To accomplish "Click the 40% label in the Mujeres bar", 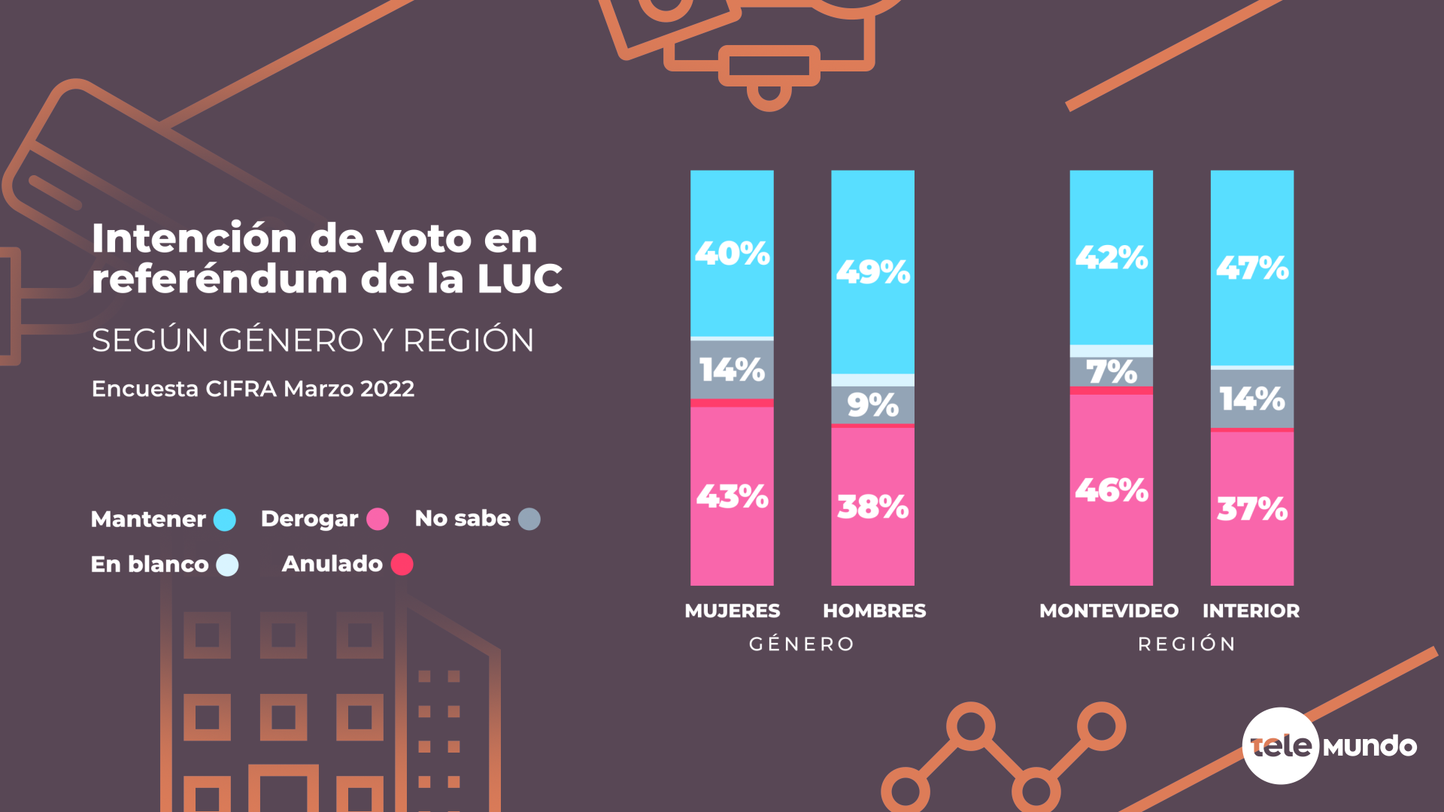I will [x=732, y=253].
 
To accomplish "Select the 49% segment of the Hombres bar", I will [x=872, y=271].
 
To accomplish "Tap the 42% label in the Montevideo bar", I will [x=1111, y=258].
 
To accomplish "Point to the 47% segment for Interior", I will [x=1251, y=268].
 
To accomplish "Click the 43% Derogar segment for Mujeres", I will [x=732, y=496].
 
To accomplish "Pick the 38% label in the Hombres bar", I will [x=872, y=507].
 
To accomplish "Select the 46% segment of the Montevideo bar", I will [x=1111, y=490].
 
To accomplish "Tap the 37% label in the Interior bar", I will [x=1251, y=509].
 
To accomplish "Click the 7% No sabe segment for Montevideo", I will [x=1111, y=371].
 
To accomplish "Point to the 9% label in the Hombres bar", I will [x=872, y=405].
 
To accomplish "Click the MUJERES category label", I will [x=732, y=611].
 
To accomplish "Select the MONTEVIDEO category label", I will [x=1109, y=611].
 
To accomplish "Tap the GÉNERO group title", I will [x=802, y=644].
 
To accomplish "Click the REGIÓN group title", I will [x=1187, y=644].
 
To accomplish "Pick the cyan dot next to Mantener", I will [x=224, y=520].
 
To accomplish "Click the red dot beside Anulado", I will [x=402, y=564].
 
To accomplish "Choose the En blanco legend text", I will [x=150, y=564].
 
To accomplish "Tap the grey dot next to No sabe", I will [x=529, y=519].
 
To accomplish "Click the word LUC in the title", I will [x=519, y=279].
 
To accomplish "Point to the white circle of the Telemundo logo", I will [x=1280, y=746].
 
